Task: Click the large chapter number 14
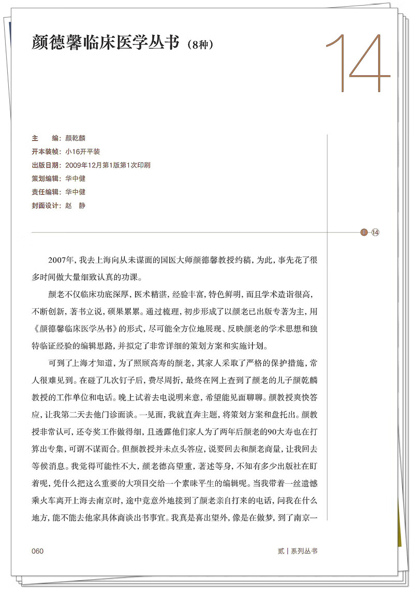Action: point(358,64)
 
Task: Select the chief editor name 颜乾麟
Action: point(76,138)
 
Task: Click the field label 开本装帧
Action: point(46,152)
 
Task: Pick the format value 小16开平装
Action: point(83,152)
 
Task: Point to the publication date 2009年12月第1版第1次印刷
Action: point(108,165)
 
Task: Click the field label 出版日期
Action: point(46,165)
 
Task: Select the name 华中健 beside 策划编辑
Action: point(76,179)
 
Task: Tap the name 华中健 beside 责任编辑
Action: point(76,192)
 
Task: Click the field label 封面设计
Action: point(46,206)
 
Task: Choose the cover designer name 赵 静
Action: point(76,206)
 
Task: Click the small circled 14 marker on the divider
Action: point(375,232)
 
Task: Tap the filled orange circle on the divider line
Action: point(363,232)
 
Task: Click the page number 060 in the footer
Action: point(37,551)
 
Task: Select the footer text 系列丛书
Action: point(304,551)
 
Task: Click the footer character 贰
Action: point(281,551)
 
